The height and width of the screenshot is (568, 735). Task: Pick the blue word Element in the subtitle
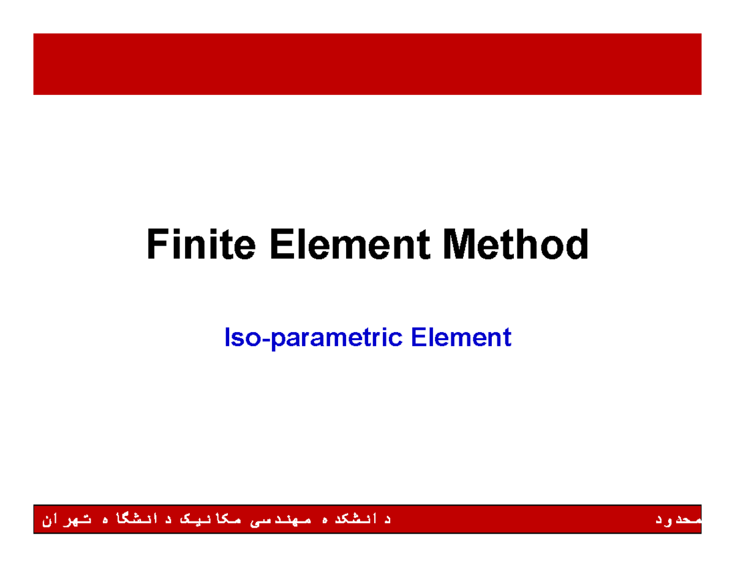[x=461, y=338]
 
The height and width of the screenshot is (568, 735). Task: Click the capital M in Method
[x=460, y=244]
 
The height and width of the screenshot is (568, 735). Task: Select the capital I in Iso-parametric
[x=228, y=338]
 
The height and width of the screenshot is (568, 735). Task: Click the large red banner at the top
[x=367, y=64]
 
